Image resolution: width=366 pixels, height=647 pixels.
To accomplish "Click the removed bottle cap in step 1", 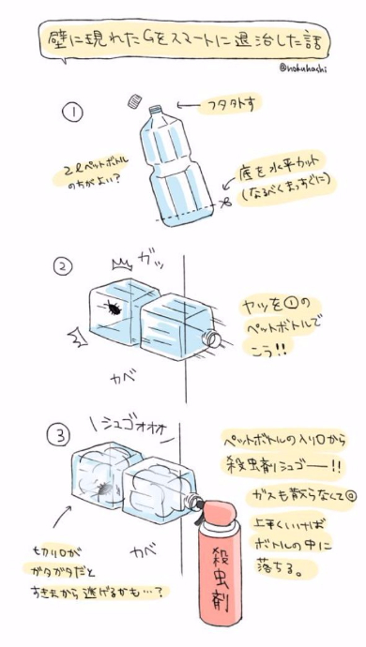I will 138,98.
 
